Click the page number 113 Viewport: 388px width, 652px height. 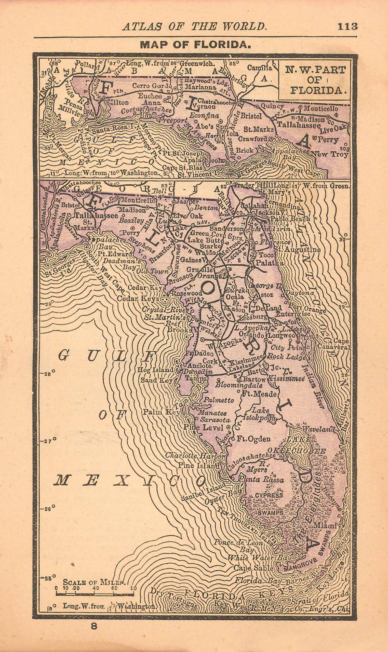[x=347, y=26]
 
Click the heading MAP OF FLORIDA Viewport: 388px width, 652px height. [x=196, y=45]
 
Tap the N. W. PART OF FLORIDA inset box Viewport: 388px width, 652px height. [x=315, y=80]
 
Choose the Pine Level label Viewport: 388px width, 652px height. [x=203, y=427]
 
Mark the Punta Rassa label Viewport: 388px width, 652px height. [x=261, y=480]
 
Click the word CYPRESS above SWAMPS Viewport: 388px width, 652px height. [x=269, y=495]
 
